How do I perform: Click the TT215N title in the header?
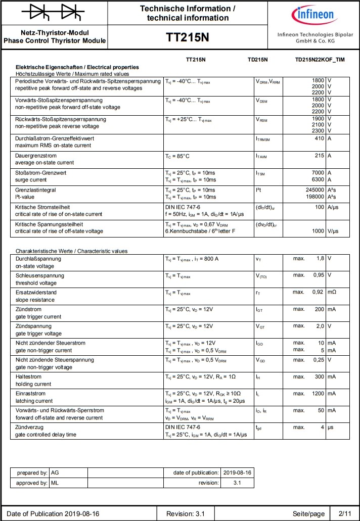[187, 38]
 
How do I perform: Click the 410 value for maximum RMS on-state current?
[319, 138]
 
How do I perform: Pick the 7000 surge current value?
[317, 173]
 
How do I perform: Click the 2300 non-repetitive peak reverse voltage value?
[318, 131]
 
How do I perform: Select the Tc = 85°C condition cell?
[177, 156]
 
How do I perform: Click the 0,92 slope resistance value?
[318, 292]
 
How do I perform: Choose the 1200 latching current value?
[316, 393]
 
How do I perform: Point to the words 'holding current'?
[33, 384]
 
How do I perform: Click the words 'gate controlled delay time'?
[46, 435]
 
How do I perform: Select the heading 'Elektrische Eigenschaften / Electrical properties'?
[77, 67]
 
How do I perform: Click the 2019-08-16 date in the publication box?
[237, 472]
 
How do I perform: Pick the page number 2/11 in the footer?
[344, 514]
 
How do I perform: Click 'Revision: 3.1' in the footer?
[185, 514]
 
